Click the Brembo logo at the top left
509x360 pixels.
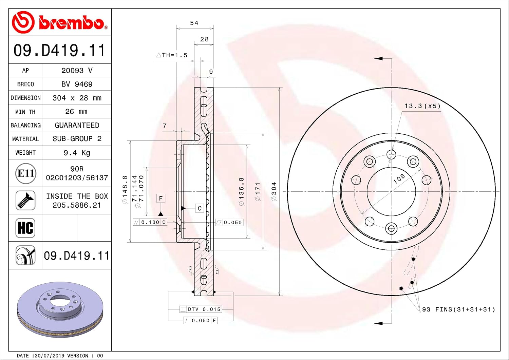tap(59, 22)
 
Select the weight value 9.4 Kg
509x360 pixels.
tap(77, 153)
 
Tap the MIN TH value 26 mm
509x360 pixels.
tap(76, 112)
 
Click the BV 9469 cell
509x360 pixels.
tap(77, 84)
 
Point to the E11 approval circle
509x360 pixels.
tap(26, 173)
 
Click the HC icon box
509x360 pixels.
tap(25, 228)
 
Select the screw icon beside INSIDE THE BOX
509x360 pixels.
tap(25, 201)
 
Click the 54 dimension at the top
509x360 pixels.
tap(194, 23)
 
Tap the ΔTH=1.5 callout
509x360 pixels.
tap(172, 55)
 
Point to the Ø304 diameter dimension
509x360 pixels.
tap(274, 191)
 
